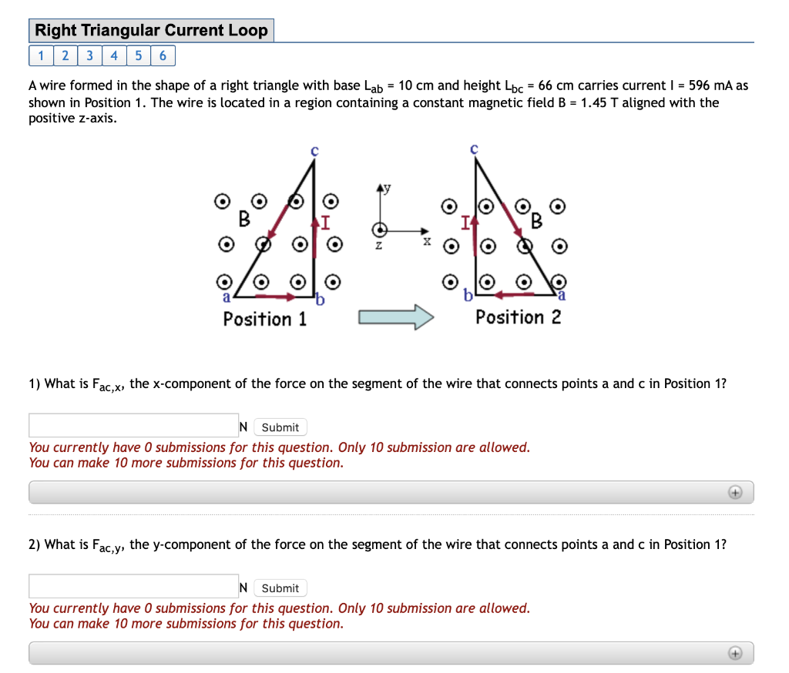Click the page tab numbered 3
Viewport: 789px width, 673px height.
(x=90, y=55)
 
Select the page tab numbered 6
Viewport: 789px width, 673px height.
(x=163, y=55)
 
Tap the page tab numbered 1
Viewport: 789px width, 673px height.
(x=41, y=55)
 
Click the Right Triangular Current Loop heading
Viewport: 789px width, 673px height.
(x=151, y=31)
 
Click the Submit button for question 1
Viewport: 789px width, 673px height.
(x=280, y=427)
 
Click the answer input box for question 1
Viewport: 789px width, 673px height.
(x=133, y=426)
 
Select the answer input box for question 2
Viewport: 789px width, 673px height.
(x=133, y=587)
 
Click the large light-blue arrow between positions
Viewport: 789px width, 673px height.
(x=396, y=316)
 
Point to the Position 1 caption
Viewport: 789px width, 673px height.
(x=264, y=319)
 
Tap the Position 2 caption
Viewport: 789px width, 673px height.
(x=518, y=317)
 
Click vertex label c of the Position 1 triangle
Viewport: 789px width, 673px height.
(x=314, y=151)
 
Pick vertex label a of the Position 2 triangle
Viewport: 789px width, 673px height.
(x=562, y=296)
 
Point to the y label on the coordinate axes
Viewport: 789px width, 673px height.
(x=388, y=188)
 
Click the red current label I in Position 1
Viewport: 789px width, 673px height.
(x=325, y=224)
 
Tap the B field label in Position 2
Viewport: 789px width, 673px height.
(x=536, y=223)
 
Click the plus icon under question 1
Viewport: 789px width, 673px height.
(x=735, y=492)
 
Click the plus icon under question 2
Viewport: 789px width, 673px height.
(x=735, y=653)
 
